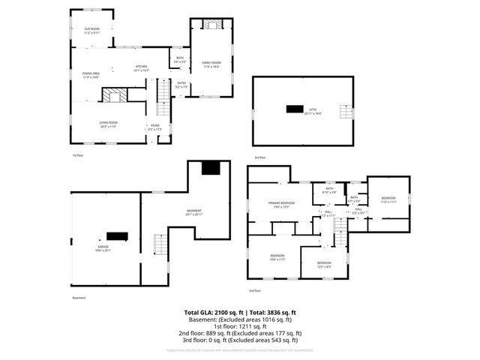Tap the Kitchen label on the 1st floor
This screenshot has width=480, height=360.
click(141, 67)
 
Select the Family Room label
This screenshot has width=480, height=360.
click(211, 62)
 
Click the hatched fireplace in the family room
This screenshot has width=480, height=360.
click(211, 24)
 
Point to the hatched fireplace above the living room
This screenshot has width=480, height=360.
click(115, 94)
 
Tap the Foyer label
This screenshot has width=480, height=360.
click(154, 125)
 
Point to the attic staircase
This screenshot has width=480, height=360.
click(346, 112)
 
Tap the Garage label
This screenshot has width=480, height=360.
click(103, 247)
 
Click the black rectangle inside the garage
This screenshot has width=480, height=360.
click(117, 236)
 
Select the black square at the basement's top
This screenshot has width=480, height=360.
click(212, 167)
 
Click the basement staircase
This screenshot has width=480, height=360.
click(160, 244)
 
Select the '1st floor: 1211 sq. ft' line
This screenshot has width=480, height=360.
click(240, 326)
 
